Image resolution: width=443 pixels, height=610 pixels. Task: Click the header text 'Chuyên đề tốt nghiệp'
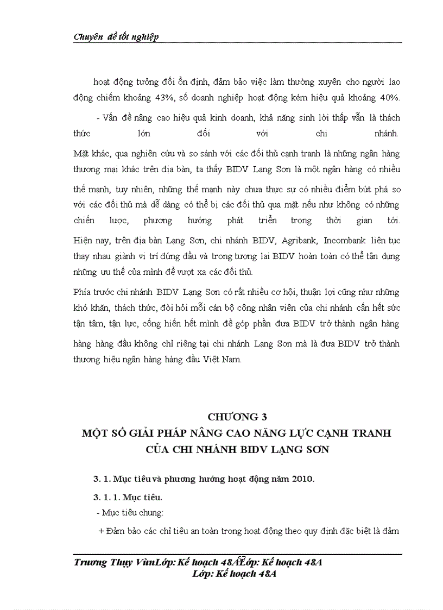click(115, 36)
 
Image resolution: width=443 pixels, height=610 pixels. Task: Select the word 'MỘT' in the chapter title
click(96, 434)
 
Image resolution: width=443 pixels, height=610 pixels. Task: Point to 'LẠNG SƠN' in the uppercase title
click(301, 450)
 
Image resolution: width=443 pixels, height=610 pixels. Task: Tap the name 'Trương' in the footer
click(91, 562)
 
